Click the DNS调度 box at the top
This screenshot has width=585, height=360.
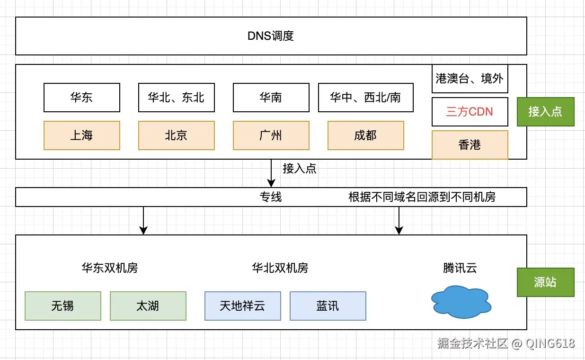(x=271, y=36)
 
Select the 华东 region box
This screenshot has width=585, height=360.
(x=81, y=98)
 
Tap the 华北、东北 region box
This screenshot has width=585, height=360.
(x=176, y=98)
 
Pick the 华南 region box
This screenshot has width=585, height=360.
(x=271, y=98)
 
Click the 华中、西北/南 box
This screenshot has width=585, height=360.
(x=365, y=98)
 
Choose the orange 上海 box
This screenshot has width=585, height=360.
(x=81, y=135)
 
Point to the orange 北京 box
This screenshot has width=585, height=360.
(x=176, y=135)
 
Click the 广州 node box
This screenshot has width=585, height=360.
(x=271, y=135)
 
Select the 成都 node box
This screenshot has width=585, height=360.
(x=365, y=135)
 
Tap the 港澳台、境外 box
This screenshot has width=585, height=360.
(x=470, y=79)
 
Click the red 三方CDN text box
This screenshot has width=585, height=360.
(x=470, y=112)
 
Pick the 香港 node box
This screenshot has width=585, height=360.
(x=470, y=145)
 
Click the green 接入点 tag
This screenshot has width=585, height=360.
(x=545, y=112)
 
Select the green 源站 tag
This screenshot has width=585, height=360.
(x=545, y=282)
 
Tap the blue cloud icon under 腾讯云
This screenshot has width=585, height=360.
(x=460, y=302)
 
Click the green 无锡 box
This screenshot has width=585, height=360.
(x=62, y=306)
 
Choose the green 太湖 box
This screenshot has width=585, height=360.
(x=148, y=306)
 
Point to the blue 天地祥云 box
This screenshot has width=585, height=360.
(x=242, y=306)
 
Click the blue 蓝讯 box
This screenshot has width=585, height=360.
(x=328, y=306)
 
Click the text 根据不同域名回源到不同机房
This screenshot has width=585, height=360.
(x=422, y=197)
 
